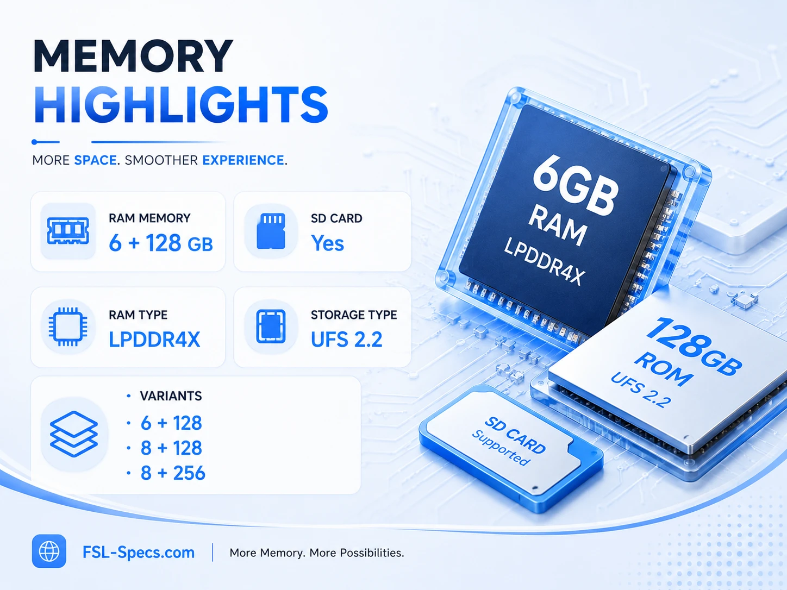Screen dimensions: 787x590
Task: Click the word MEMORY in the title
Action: coord(133,56)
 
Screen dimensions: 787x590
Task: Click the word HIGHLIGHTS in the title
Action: coord(181,105)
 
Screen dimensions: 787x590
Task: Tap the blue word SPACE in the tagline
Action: coord(95,160)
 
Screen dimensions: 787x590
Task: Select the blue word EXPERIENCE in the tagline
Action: coord(243,160)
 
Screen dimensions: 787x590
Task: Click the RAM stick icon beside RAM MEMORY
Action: coord(68,231)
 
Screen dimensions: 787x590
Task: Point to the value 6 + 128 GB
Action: coord(161,243)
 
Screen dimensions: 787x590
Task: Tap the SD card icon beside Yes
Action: coord(271,231)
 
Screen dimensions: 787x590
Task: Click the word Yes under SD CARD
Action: coord(327,243)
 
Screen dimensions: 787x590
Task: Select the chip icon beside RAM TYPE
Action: coord(68,327)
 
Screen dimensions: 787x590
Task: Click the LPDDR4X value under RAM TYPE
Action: coord(154,339)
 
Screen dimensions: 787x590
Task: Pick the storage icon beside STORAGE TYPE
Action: coord(271,327)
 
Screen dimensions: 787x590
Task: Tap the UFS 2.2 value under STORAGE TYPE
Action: coord(347,339)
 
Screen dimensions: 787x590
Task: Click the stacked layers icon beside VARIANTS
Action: coord(74,434)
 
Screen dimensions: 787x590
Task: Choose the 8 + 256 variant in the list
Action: coord(173,473)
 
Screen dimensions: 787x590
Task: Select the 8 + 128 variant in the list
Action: coord(171,448)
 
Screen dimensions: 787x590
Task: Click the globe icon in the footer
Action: coord(49,551)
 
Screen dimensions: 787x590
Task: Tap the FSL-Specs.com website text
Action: coord(139,553)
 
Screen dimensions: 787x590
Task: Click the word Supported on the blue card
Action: coord(501,448)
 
